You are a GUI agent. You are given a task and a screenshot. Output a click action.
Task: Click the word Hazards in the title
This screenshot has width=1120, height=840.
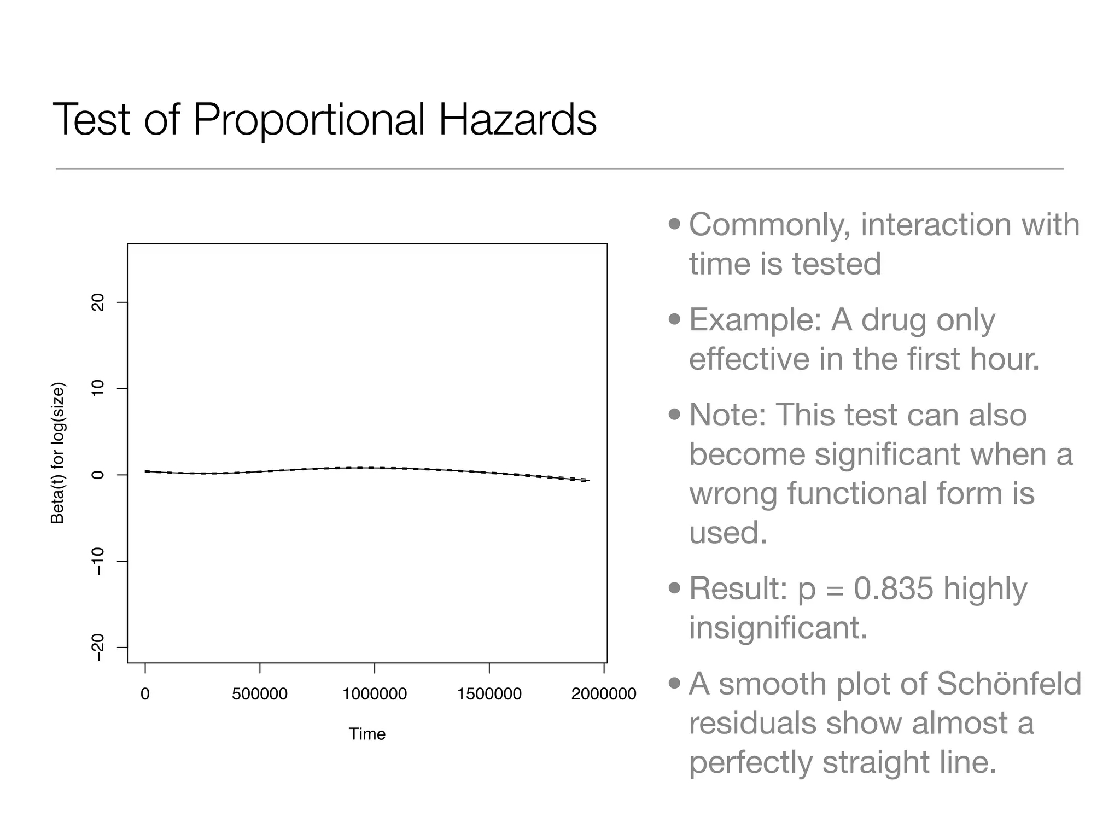[517, 120]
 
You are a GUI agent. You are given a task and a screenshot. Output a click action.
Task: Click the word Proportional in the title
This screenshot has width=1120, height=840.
[309, 120]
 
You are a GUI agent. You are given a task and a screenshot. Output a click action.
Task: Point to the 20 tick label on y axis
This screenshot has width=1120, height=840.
[98, 302]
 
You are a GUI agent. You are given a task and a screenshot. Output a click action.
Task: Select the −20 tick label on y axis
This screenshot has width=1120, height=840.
[98, 648]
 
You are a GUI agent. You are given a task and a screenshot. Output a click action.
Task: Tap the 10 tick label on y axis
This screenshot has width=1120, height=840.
[98, 389]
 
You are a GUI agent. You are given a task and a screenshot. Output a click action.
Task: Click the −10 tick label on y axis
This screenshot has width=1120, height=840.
[98, 562]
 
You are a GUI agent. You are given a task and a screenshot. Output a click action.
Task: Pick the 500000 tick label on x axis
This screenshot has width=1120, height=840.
[260, 694]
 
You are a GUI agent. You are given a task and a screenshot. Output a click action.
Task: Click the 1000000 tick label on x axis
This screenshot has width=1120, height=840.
[375, 694]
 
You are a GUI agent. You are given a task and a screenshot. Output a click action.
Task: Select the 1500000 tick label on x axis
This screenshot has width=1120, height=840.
[489, 694]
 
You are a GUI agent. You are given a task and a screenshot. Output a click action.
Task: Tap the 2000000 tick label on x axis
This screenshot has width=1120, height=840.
[604, 694]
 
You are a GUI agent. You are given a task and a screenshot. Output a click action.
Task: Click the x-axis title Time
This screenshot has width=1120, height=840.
[367, 734]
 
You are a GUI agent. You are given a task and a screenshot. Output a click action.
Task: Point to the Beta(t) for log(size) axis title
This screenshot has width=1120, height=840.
[58, 453]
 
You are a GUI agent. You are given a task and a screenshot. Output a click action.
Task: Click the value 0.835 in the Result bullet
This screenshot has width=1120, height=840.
[893, 588]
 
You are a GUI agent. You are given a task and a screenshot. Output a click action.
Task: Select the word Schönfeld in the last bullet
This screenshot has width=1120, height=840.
[1010, 684]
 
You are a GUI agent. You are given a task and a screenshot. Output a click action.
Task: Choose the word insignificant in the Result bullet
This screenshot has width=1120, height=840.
[778, 627]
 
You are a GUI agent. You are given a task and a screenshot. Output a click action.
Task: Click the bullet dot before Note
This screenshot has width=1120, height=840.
[675, 415]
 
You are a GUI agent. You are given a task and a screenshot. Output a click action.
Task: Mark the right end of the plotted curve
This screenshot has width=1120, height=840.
[588, 480]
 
